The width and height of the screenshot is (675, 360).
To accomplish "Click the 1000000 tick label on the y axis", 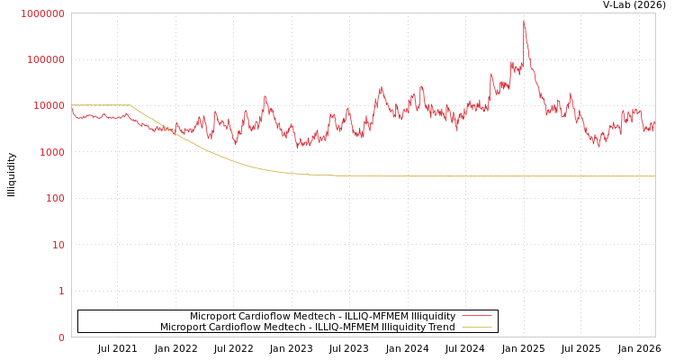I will (x=43, y=13).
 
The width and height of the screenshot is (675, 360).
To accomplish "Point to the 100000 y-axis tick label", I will (x=46, y=59).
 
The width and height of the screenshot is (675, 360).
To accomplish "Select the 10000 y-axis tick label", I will (x=49, y=105).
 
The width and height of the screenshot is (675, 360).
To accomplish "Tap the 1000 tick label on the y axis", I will (x=51, y=152).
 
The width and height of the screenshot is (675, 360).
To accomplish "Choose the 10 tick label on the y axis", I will (x=58, y=245).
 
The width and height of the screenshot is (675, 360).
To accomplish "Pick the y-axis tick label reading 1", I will (x=61, y=291).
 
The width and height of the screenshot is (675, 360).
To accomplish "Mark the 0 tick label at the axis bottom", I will (x=61, y=337).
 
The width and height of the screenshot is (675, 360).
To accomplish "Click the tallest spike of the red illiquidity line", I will (x=524, y=22).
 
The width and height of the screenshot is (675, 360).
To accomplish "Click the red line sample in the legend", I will (x=476, y=317).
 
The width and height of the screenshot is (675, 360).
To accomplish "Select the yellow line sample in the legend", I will (x=476, y=328).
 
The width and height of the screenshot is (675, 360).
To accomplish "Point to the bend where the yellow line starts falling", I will (x=130, y=105).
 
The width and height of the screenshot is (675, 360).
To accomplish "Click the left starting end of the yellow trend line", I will (x=72, y=105).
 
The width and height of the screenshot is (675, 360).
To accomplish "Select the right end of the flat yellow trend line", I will (x=654, y=176).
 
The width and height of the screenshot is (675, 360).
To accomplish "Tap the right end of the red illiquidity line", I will (x=654, y=122).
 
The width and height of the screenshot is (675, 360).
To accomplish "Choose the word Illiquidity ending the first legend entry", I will (x=433, y=317).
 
